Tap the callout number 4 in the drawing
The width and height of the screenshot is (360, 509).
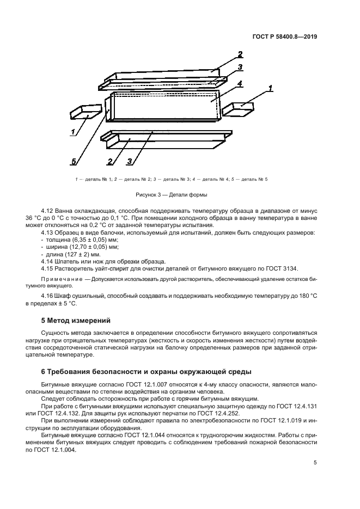239,83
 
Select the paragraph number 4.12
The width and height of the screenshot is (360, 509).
48,210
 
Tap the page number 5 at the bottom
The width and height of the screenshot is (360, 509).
315,463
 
